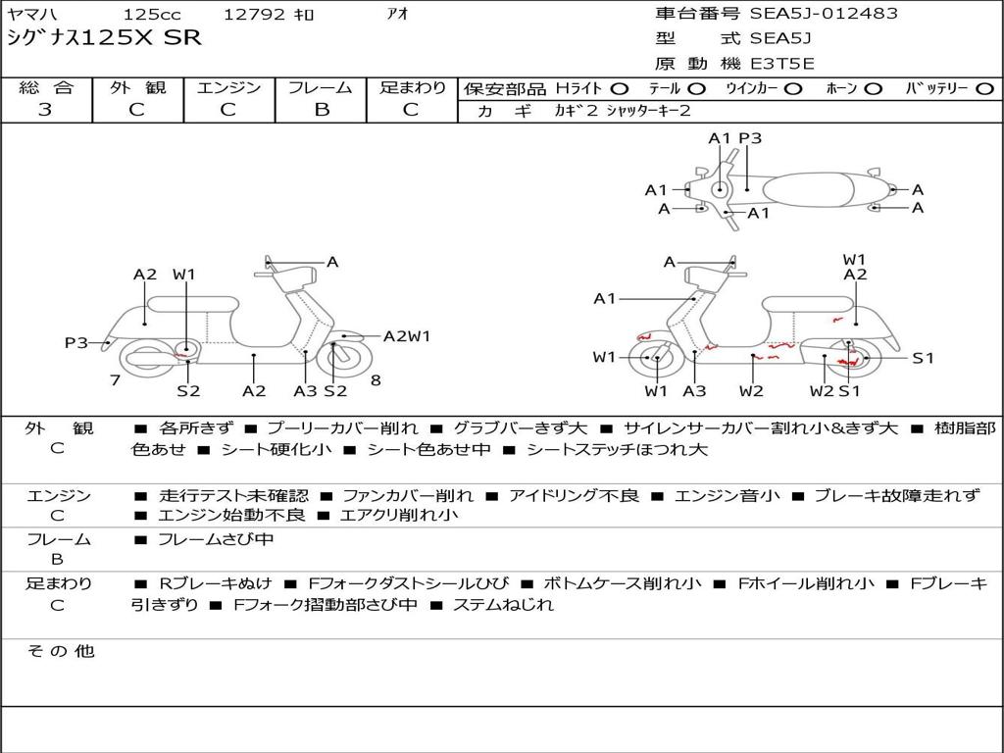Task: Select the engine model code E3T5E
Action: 781,65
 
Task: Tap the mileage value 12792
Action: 254,15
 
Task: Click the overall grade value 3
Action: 45,110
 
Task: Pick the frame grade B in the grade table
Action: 321,110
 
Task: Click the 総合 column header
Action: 46,87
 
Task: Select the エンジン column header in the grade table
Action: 228,87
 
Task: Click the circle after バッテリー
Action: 983,88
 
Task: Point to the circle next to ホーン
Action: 873,88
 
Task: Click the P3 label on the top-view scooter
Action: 750,138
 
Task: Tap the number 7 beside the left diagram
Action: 115,380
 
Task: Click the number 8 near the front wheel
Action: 376,380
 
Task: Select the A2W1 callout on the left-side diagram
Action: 407,336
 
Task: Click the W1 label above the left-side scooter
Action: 184,275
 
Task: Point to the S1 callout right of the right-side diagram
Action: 923,358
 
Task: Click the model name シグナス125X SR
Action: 104,38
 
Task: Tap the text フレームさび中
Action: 216,539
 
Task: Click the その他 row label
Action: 59,651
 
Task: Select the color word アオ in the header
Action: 397,14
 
